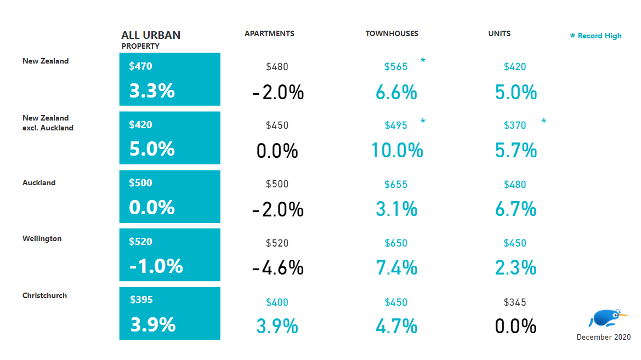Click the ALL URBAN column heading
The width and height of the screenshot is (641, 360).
coord(151,36)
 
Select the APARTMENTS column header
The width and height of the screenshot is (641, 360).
coord(269,33)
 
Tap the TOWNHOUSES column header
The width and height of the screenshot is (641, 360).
coord(392,33)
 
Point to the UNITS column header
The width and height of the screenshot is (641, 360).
coord(499,33)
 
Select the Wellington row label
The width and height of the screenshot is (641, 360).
coord(42,239)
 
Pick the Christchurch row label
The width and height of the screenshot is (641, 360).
coord(44,295)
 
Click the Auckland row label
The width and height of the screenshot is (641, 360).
coord(39,182)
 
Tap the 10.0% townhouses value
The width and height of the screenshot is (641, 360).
coord(397,150)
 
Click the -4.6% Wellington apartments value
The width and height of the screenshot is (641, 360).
coord(277,268)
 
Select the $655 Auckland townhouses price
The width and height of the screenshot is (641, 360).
coord(396,185)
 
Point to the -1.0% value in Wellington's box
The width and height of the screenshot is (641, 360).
coord(156,266)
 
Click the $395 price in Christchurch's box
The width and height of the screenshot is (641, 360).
coord(141,300)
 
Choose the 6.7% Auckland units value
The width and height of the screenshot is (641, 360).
coord(515,209)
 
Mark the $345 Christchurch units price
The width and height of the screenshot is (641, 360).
coord(515,302)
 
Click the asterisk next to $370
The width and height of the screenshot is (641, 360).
coord(543,121)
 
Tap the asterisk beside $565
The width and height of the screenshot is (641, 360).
coord(423,61)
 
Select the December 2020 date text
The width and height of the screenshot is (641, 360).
coord(603,337)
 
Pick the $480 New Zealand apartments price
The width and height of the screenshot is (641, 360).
coord(277,67)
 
